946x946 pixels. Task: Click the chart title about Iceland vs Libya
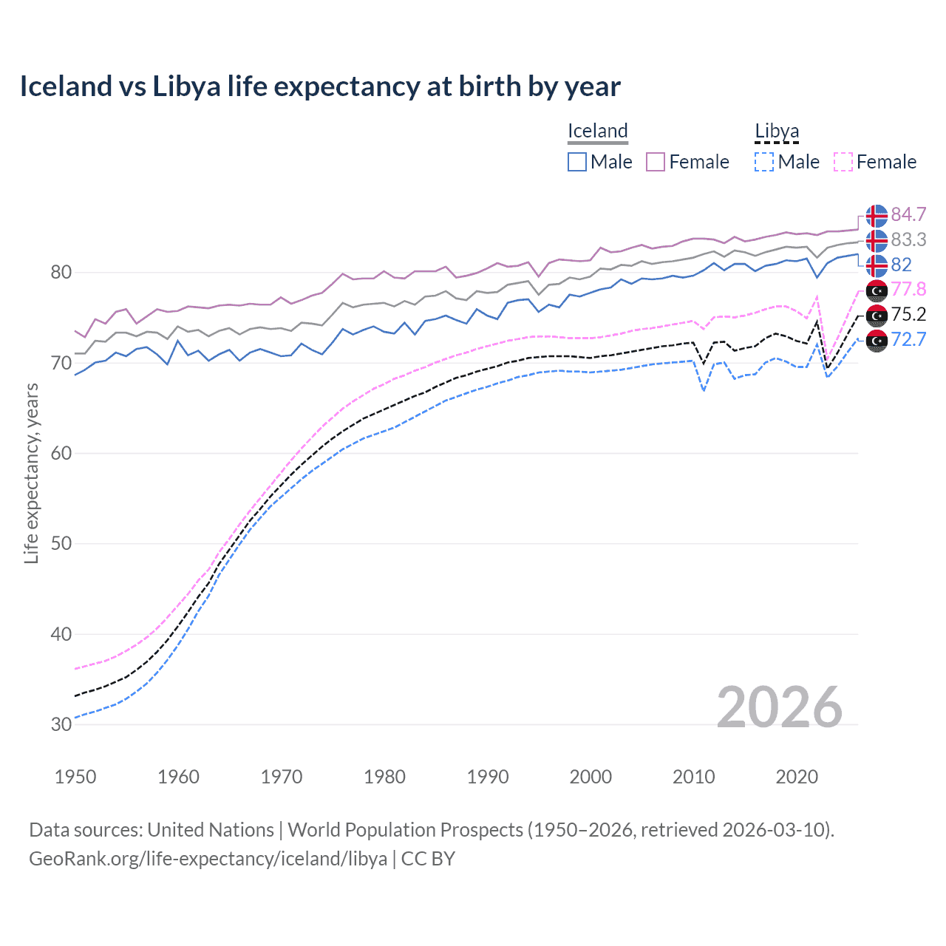(x=319, y=86)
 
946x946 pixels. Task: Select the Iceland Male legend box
(x=577, y=162)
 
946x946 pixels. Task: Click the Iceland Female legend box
(x=656, y=162)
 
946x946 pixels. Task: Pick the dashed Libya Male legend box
(x=765, y=162)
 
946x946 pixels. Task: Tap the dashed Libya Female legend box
(x=843, y=162)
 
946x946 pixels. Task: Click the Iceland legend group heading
(x=597, y=131)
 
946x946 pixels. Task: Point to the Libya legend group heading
(x=777, y=131)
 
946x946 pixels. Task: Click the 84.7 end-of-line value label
(x=908, y=214)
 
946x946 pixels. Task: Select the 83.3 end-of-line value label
(x=908, y=239)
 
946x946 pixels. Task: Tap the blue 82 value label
(x=901, y=265)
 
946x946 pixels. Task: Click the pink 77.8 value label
(x=908, y=289)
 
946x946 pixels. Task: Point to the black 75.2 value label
(x=908, y=314)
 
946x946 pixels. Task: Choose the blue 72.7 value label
(x=908, y=339)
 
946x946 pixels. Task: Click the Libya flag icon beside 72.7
(x=877, y=340)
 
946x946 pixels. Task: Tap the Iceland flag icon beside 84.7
(x=877, y=215)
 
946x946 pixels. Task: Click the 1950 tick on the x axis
(x=75, y=777)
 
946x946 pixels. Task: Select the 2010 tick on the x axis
(x=693, y=777)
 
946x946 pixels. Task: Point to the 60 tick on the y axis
(x=61, y=453)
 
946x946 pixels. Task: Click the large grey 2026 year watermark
(x=779, y=707)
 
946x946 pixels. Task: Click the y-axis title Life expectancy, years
(x=32, y=473)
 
